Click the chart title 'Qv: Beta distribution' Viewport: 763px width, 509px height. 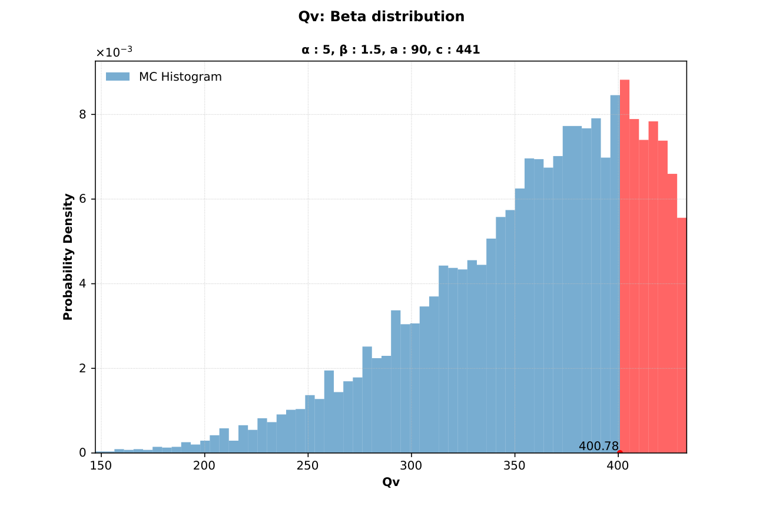(381, 16)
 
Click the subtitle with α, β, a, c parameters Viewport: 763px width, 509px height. (390, 50)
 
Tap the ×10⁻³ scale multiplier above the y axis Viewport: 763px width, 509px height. (114, 52)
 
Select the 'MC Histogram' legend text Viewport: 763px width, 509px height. (180, 77)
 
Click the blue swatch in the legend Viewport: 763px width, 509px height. (117, 77)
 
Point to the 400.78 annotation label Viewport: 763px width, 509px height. (598, 446)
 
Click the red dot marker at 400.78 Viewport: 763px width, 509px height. (620, 452)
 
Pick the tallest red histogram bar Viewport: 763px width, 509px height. (625, 265)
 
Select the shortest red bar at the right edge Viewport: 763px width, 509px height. (682, 336)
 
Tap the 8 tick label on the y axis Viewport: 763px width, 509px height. (83, 114)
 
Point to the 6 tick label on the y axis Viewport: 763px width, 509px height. (83, 199)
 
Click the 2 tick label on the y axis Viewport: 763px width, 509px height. (83, 368)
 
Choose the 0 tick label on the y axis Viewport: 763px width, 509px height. (83, 452)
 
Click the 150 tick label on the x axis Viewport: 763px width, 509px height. (101, 466)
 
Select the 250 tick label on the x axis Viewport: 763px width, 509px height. (308, 466)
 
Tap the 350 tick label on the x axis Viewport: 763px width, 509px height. (515, 466)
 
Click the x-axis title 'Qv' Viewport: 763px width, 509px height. (390, 482)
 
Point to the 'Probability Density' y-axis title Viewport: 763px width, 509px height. (68, 257)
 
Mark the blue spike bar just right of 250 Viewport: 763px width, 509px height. (329, 412)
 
